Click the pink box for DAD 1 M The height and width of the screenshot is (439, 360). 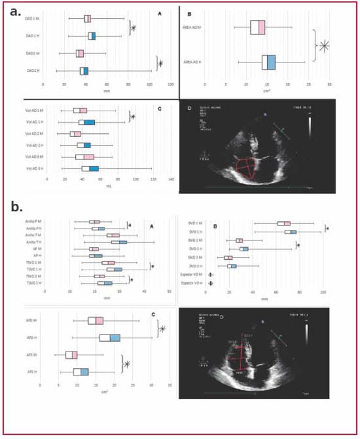point(89,18)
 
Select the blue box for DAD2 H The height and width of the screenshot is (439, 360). point(86,71)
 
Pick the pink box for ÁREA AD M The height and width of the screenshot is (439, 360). point(261,27)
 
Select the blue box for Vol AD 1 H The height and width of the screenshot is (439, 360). point(89,122)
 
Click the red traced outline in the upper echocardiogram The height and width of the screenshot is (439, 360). point(244,168)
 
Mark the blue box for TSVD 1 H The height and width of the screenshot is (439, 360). point(117,269)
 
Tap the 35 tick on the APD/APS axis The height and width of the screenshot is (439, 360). point(169,386)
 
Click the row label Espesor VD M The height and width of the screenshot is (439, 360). point(197,275)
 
